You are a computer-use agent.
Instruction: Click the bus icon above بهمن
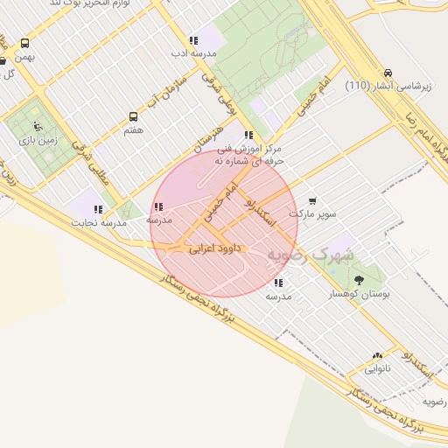24,43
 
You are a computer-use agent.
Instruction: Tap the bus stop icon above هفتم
133,116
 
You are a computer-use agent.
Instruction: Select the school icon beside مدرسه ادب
193,40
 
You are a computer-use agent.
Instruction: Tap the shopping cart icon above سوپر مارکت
312,200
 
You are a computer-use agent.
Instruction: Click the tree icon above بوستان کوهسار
359,281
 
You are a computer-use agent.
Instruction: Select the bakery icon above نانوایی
377,356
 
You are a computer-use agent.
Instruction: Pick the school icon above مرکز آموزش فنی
249,135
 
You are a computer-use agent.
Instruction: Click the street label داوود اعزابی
214,249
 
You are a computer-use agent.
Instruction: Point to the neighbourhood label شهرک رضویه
311,255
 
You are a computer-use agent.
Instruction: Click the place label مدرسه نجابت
102,223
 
